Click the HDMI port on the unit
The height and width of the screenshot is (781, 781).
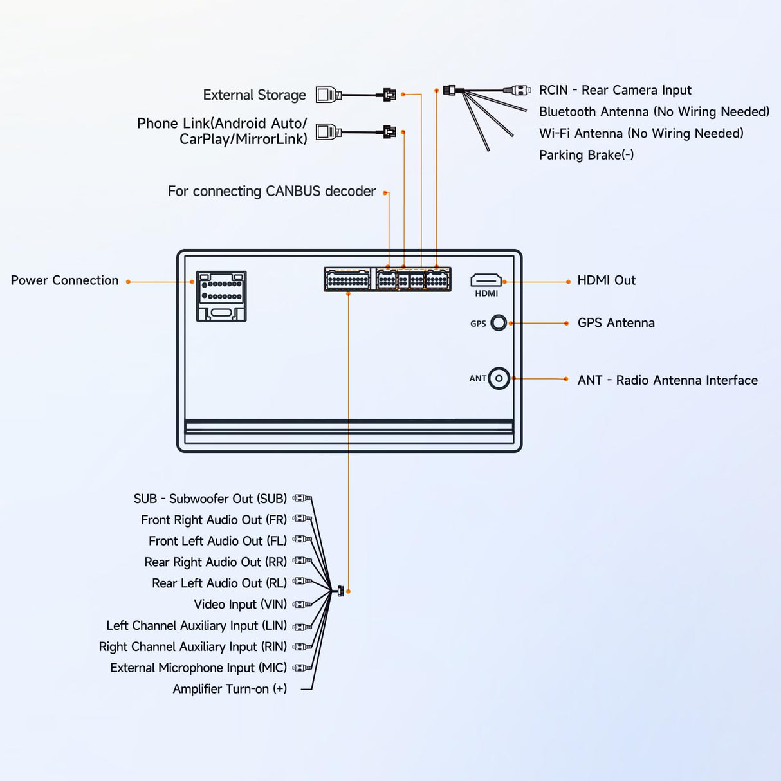pos(486,280)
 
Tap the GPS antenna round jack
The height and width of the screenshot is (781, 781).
pos(499,323)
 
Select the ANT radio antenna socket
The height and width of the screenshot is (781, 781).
pos(499,379)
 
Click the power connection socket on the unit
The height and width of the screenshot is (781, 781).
pos(221,296)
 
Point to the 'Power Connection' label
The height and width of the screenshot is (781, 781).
pos(64,280)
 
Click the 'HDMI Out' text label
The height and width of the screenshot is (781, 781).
pos(606,280)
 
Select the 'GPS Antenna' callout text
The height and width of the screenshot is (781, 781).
pos(616,323)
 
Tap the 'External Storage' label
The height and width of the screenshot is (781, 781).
pos(254,95)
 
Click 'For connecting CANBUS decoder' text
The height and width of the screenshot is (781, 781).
pos(271,192)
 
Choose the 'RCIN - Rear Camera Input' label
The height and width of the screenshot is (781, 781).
pos(615,90)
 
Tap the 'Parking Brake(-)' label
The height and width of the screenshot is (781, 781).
pos(586,155)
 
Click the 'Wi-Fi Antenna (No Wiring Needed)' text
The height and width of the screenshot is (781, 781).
pos(641,133)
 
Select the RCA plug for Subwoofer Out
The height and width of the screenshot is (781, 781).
pos(302,498)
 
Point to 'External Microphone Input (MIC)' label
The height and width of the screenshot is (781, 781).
pos(198,668)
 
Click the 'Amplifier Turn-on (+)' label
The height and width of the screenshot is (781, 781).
pos(230,689)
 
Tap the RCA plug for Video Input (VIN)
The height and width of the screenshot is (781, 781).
pos(302,604)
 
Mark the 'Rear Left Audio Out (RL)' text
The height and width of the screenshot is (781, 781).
pos(219,583)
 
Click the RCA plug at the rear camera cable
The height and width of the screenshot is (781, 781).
pos(517,90)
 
